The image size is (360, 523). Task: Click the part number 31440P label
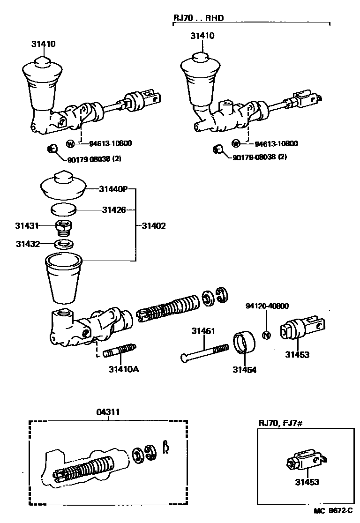[x=113, y=190]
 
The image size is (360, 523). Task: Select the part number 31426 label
[x=114, y=210]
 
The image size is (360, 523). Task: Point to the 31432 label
[x=27, y=244]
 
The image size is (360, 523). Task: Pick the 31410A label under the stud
[x=123, y=369]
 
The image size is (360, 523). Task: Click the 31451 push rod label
[x=203, y=331]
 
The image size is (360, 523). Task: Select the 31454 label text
[x=244, y=370]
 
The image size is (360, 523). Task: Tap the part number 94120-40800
[x=267, y=306]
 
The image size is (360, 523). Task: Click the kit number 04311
[x=108, y=412]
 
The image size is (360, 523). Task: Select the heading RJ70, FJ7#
[x=280, y=423]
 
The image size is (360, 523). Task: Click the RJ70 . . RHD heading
[x=198, y=18]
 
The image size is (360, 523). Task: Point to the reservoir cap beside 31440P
[x=62, y=186]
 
